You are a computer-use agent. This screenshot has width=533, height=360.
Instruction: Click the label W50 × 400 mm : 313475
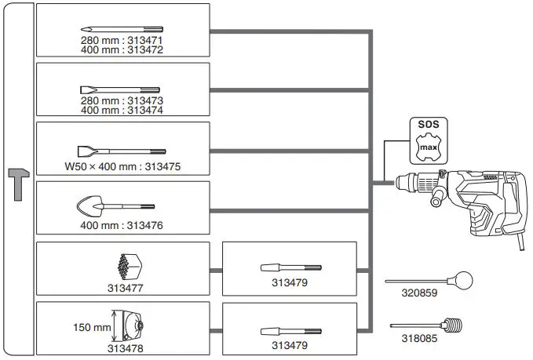point(122,165)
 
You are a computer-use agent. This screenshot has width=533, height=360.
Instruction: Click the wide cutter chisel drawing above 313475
point(122,149)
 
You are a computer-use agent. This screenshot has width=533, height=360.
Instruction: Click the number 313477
point(123,288)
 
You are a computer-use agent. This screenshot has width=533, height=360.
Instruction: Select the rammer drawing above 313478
point(130,324)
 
